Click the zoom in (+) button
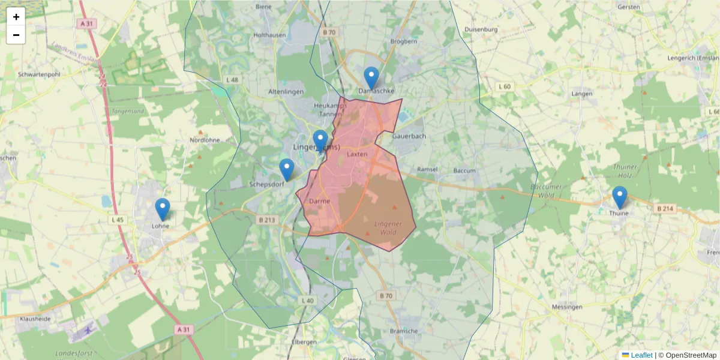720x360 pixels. tap(16, 17)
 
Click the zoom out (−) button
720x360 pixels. tap(16, 35)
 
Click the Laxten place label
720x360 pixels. tap(357, 154)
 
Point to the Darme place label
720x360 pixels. tap(320, 202)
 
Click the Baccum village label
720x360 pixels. tap(464, 170)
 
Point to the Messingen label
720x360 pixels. tap(566, 307)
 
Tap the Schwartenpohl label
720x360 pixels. tap(40, 74)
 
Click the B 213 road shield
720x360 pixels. tap(266, 220)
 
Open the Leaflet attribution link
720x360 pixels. tap(641, 355)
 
